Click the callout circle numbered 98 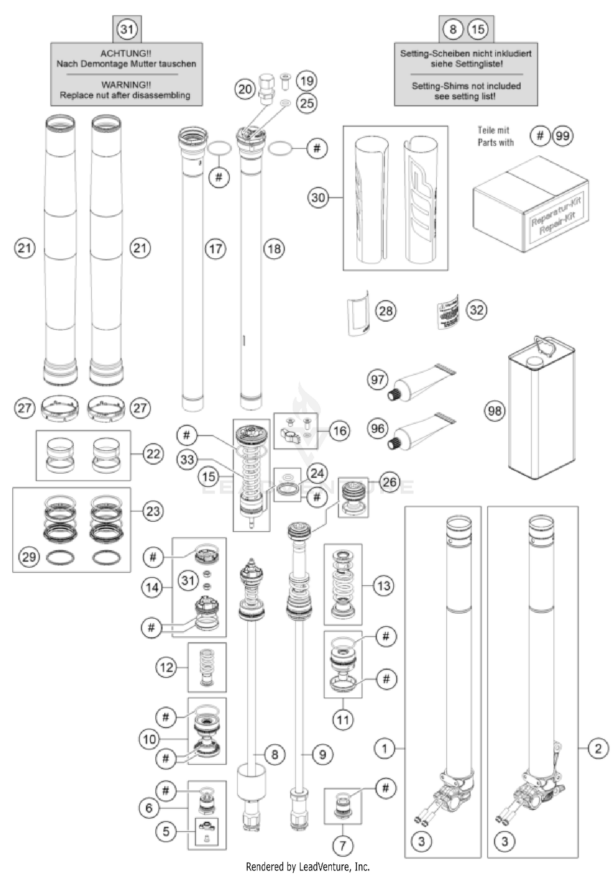(495, 410)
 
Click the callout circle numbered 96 (377, 429)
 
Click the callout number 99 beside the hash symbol (563, 136)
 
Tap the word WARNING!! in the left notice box (126, 85)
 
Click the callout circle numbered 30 (318, 198)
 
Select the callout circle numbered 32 (476, 310)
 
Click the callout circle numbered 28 (386, 311)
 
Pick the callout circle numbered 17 (216, 249)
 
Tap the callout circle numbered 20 (245, 89)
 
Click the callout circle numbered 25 (307, 103)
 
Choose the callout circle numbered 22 (153, 454)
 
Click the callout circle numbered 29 (29, 557)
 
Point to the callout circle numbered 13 (384, 585)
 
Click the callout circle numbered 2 (598, 748)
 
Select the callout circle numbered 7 (342, 845)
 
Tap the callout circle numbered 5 (166, 831)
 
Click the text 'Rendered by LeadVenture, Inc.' (308, 867)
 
